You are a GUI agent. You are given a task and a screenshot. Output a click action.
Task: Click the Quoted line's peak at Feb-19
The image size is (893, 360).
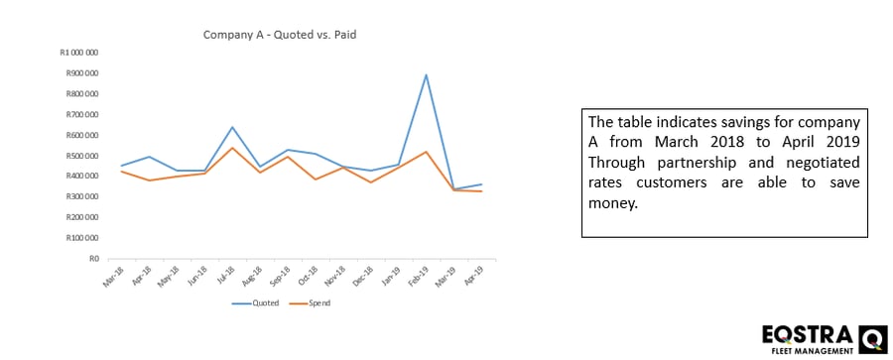pos(427,74)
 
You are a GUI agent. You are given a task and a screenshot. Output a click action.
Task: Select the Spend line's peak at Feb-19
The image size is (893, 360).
pos(427,152)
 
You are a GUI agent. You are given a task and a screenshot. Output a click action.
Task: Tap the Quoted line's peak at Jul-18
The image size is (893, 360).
pos(232,127)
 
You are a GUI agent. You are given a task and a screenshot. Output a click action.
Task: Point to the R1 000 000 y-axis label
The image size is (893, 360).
pos(79,53)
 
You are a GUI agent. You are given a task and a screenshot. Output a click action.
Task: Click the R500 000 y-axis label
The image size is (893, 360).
pos(81,156)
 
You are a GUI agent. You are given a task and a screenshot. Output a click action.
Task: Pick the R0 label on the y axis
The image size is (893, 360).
pos(94,259)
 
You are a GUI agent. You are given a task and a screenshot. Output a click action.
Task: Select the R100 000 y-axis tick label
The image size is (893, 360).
pos(81,238)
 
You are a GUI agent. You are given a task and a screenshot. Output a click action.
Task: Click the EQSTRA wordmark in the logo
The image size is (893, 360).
pos(804,335)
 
